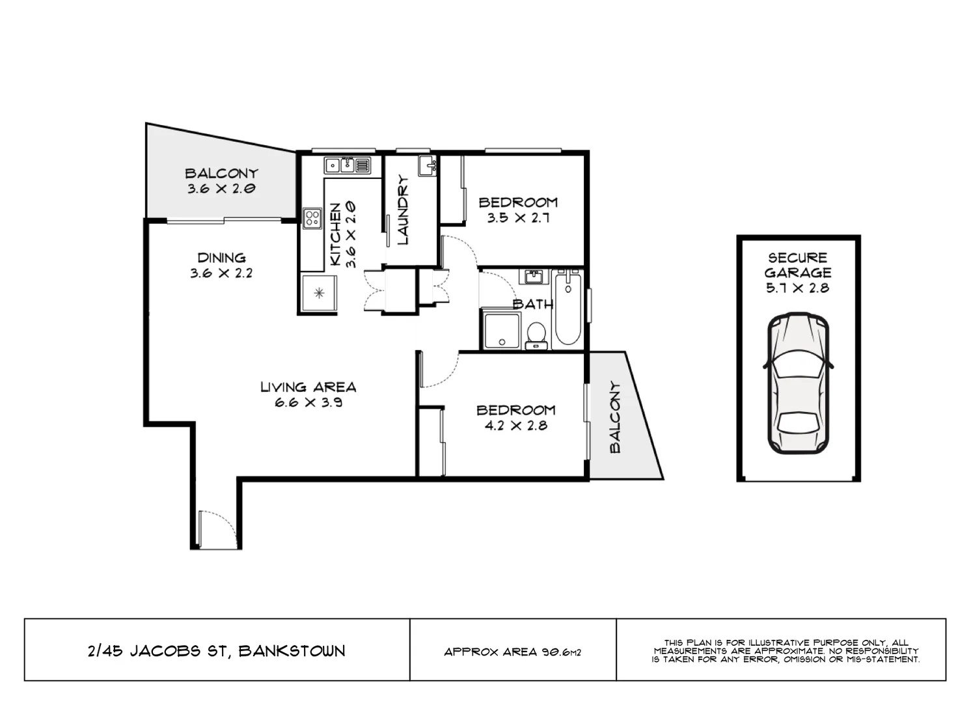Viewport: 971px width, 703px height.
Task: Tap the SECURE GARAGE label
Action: click(x=798, y=265)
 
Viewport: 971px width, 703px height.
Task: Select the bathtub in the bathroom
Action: click(x=568, y=310)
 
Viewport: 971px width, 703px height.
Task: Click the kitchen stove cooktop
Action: click(x=312, y=217)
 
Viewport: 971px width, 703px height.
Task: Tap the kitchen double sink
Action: click(x=340, y=165)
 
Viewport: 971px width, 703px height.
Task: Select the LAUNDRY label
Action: click(x=402, y=210)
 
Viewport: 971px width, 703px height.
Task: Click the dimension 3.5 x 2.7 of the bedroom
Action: click(x=518, y=218)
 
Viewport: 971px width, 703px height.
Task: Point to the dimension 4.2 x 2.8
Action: click(x=516, y=426)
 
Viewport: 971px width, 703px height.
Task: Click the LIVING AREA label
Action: click(x=308, y=387)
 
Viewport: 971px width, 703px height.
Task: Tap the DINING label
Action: click(x=221, y=257)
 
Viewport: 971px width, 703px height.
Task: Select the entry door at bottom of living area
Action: click(x=215, y=529)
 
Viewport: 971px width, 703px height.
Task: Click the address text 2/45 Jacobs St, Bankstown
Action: click(x=216, y=650)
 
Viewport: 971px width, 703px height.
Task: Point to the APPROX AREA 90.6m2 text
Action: click(x=512, y=652)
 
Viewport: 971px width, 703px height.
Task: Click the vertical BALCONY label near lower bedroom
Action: click(x=615, y=417)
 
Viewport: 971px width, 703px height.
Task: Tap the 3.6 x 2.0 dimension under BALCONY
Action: click(x=221, y=189)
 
